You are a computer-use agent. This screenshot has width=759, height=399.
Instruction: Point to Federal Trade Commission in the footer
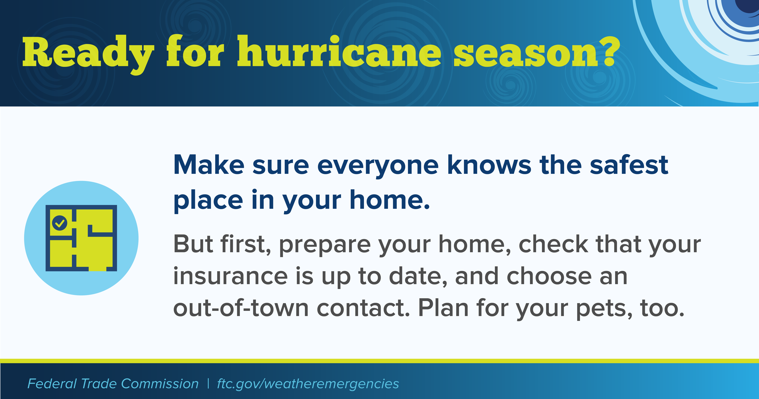113,384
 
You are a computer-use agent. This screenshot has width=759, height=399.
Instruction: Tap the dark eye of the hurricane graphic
748,6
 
